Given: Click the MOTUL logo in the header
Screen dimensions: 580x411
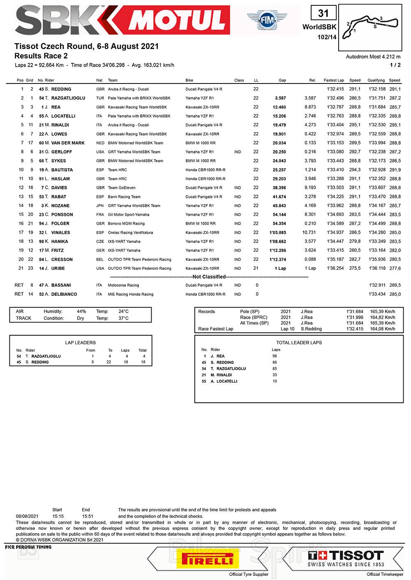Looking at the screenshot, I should click(x=177, y=20).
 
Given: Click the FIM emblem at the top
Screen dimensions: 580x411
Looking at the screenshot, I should click(x=267, y=19).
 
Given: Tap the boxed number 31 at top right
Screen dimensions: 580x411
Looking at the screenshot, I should click(x=323, y=13).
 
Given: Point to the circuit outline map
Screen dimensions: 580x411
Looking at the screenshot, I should click(x=370, y=27).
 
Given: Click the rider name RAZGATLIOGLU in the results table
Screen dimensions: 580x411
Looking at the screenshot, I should click(x=68, y=98).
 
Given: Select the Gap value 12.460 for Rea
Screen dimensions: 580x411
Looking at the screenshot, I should click(x=279, y=107).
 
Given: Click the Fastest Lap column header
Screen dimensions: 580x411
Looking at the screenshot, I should click(x=334, y=80).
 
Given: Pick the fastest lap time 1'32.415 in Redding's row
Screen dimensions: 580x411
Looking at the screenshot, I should click(x=335, y=89).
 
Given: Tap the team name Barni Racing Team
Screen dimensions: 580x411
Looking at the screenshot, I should click(x=124, y=197).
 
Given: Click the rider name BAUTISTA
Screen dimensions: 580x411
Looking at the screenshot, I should click(x=62, y=170).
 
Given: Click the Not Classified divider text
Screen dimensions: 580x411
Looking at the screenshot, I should click(x=209, y=277).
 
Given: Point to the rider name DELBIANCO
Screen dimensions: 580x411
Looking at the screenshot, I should click(x=64, y=295).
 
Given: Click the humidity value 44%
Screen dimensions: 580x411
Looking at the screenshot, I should click(x=81, y=311).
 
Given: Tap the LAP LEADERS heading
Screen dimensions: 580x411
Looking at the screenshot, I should click(x=81, y=343).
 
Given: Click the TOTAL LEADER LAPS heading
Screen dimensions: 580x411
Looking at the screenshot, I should click(x=299, y=343).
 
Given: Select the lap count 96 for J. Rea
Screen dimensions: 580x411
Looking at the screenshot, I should click(x=275, y=356).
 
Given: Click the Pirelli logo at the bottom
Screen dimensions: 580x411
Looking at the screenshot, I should click(x=208, y=560).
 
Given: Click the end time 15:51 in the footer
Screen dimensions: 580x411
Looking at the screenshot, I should click(x=88, y=516).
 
